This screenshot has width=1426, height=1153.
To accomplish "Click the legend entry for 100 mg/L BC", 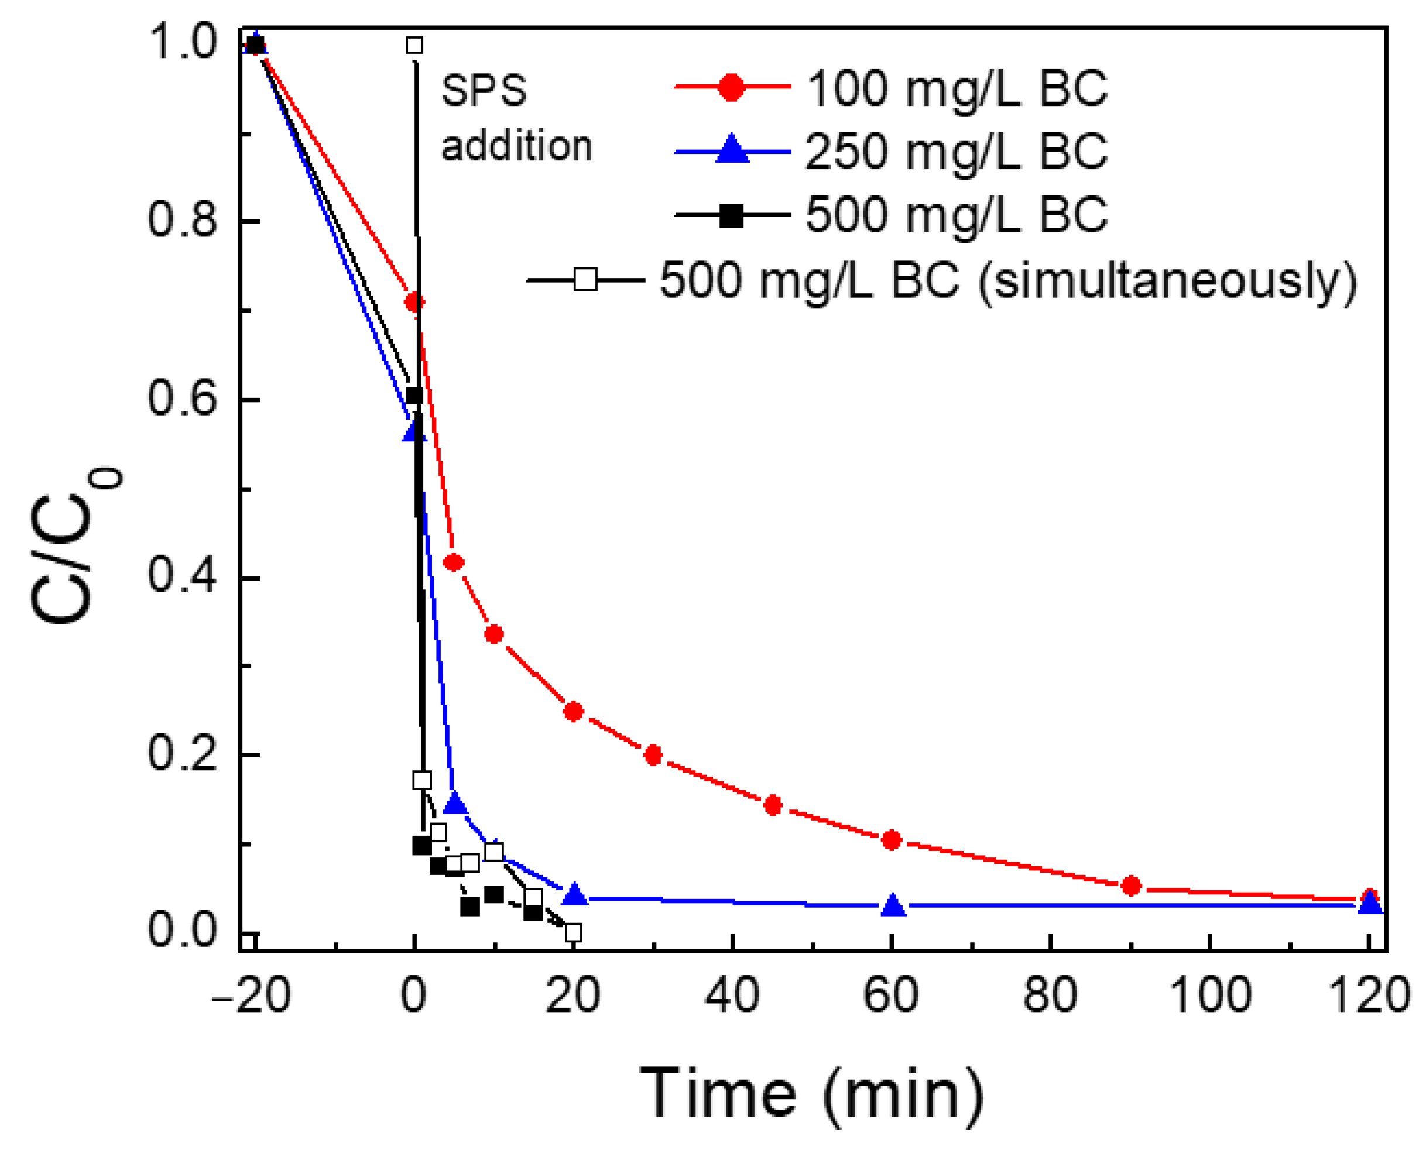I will [x=957, y=88].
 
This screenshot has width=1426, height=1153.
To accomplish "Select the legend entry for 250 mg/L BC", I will [x=957, y=152].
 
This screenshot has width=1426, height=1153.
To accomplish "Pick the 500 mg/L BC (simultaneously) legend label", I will [x=1008, y=281].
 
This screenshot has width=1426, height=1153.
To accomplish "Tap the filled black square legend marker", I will [x=731, y=216].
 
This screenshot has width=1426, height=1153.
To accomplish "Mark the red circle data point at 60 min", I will [x=892, y=840].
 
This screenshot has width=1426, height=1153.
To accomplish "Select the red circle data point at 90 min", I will [x=1130, y=886].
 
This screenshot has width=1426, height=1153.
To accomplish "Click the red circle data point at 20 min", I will [x=573, y=711].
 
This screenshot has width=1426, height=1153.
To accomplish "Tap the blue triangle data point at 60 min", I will [x=893, y=905].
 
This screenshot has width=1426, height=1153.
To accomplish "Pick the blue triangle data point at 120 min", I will [x=1370, y=902].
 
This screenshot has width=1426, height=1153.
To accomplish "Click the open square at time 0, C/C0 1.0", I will [x=414, y=45].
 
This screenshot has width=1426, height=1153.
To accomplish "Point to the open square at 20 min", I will [x=573, y=932].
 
